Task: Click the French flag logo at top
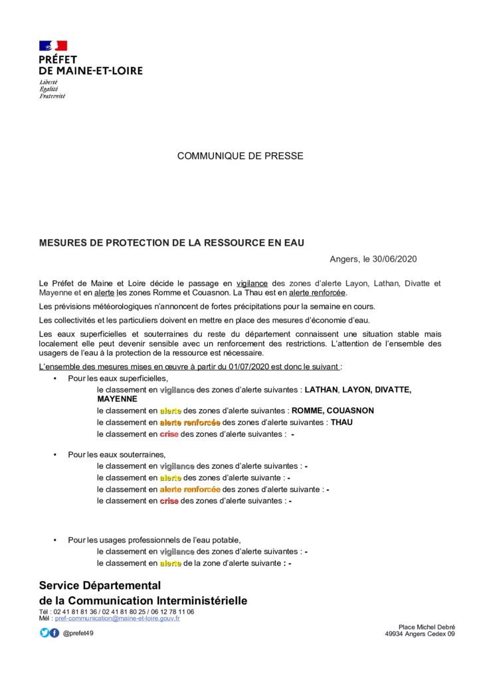[x=53, y=46]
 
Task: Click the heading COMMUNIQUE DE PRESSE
[x=240, y=156]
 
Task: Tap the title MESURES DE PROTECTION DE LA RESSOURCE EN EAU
[x=171, y=243]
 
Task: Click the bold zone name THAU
[x=341, y=422]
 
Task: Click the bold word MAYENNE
[x=117, y=399]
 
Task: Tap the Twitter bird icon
[x=45, y=633]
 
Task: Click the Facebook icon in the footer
[x=54, y=633]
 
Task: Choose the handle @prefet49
[x=78, y=633]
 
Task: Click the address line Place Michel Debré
[x=427, y=627]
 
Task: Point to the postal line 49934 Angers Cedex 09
[x=420, y=634]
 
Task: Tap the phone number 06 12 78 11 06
[x=172, y=612]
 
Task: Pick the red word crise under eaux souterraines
[x=169, y=501]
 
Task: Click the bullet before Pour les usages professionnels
[x=54, y=540]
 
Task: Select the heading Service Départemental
[x=100, y=586]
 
